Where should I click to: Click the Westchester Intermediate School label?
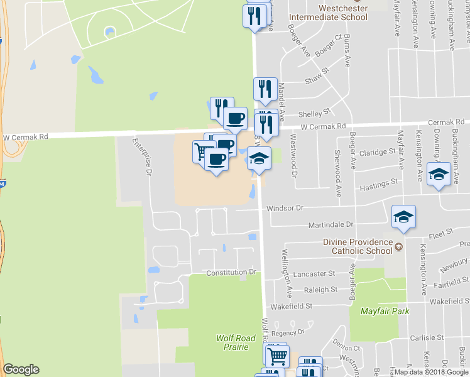tap(342, 13)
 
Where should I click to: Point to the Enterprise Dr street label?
tap(148, 158)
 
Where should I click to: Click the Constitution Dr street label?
tap(232, 272)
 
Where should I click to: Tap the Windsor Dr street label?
tap(285, 207)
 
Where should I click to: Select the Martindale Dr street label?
tap(331, 224)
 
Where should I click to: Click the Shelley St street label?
tap(314, 113)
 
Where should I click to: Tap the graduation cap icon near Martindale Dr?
tap(403, 217)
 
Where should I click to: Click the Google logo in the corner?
tap(21, 369)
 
